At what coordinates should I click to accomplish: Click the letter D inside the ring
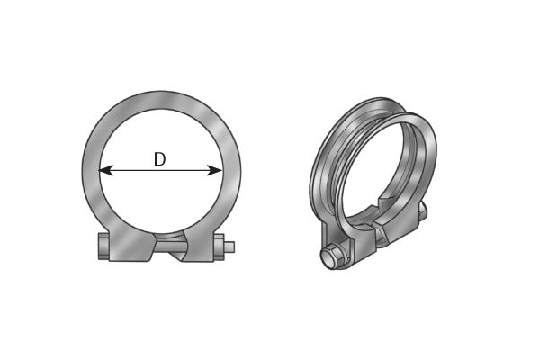[x=159, y=159]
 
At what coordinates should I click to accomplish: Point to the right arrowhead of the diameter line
[x=217, y=169]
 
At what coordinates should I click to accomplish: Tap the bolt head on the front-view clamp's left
[x=100, y=246]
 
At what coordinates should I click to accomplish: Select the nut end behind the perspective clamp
[x=421, y=211]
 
